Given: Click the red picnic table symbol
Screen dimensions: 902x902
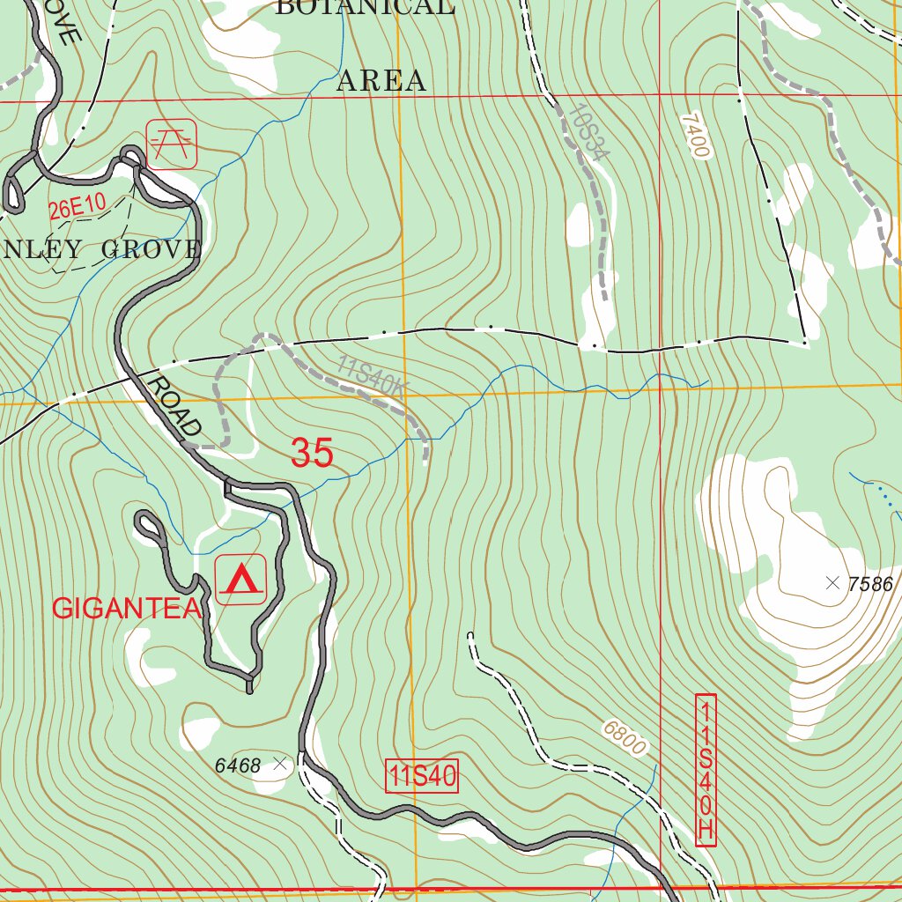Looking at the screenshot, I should [x=172, y=144].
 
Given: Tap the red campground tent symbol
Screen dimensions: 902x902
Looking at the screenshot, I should [x=241, y=580].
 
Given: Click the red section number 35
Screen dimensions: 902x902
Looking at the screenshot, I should [x=312, y=453].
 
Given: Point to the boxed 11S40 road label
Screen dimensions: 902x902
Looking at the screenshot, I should [x=423, y=777].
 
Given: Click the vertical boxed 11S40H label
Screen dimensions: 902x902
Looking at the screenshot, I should [x=706, y=770].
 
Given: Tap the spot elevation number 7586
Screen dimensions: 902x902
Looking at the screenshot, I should [x=871, y=584].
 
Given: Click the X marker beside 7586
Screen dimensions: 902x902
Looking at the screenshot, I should [x=832, y=582].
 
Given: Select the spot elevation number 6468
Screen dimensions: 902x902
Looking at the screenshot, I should [x=238, y=766].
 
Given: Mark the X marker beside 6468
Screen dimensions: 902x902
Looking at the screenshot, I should [x=281, y=765].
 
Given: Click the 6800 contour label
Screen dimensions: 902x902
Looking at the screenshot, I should [x=625, y=738].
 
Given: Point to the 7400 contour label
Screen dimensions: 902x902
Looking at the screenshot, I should [x=695, y=135].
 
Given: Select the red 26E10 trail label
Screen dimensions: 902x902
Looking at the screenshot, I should [x=78, y=208].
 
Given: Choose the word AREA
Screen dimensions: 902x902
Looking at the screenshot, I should [x=381, y=81].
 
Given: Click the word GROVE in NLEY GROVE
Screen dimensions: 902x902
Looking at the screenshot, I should [x=151, y=249].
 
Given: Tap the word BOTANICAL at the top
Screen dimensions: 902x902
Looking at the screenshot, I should [x=365, y=8].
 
